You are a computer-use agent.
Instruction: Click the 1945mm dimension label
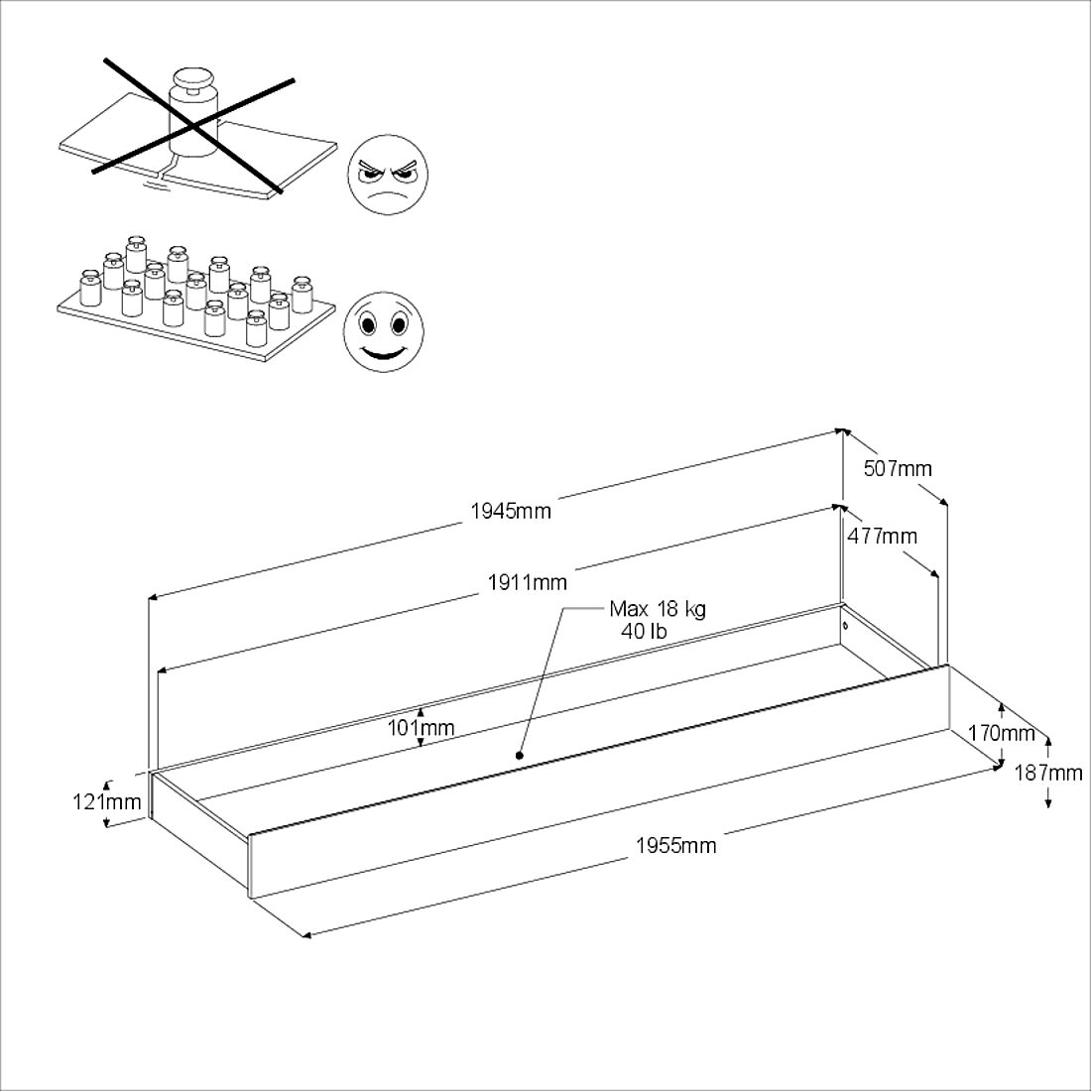pyautogui.click(x=511, y=512)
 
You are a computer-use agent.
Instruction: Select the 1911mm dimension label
pyautogui.click(x=528, y=581)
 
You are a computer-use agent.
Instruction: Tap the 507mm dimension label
pyautogui.click(x=898, y=468)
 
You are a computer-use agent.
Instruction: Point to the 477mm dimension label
pyautogui.click(x=883, y=536)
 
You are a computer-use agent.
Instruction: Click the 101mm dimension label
pyautogui.click(x=421, y=728)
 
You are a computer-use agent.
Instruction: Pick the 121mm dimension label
pyautogui.click(x=106, y=801)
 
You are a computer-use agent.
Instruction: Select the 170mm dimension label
pyautogui.click(x=1002, y=733)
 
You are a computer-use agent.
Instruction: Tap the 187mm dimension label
pyautogui.click(x=1048, y=773)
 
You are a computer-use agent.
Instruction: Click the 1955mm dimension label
pyautogui.click(x=676, y=845)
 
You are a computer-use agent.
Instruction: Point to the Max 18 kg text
pyautogui.click(x=658, y=609)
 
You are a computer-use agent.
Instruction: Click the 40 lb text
pyautogui.click(x=644, y=631)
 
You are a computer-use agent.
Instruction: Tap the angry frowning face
pyautogui.click(x=388, y=174)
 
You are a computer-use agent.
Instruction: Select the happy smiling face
pyautogui.click(x=384, y=331)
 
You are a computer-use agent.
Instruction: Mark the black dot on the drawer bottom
pyautogui.click(x=519, y=755)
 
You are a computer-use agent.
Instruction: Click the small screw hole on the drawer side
pyautogui.click(x=845, y=626)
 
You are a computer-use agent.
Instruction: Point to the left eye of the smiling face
pyautogui.click(x=367, y=323)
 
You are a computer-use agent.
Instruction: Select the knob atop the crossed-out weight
pyautogui.click(x=194, y=78)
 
